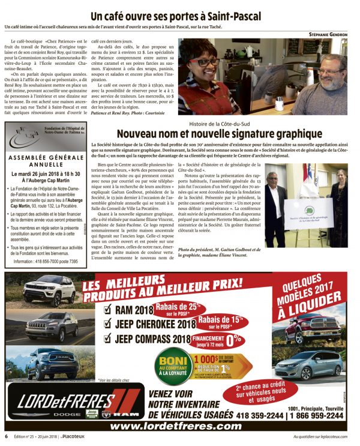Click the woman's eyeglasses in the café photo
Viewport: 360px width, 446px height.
[206, 62]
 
